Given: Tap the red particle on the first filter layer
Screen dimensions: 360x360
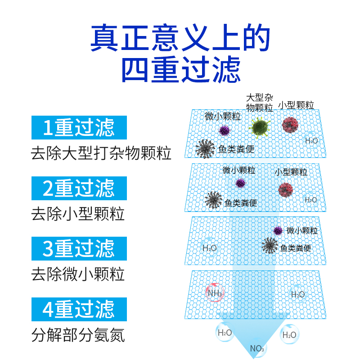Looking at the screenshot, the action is (290, 125).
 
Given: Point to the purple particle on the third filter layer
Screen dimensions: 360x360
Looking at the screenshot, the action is (278, 231).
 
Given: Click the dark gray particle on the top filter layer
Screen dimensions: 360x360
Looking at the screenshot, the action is (205, 148).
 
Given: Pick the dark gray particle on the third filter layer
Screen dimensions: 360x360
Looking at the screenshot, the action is (270, 246).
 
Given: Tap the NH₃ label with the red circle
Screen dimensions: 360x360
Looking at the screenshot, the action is (214, 293).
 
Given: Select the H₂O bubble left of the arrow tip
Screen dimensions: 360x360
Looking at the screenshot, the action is (225, 333).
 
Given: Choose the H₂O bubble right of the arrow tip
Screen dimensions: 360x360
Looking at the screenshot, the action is (289, 335).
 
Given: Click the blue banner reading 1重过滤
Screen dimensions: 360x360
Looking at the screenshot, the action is (79, 128).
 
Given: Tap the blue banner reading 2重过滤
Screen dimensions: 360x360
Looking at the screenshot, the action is (79, 188).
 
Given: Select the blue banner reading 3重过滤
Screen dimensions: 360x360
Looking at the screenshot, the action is (79, 248).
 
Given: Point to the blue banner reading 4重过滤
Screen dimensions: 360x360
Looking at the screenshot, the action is (79, 309).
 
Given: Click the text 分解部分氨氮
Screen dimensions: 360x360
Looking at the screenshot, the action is (78, 335).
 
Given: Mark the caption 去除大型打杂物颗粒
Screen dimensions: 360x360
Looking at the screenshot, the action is (101, 153).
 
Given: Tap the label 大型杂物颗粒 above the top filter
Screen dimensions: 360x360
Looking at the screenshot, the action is (260, 103).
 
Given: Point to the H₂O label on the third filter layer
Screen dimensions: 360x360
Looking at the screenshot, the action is (209, 248).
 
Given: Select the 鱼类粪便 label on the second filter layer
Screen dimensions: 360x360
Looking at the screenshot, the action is (241, 203).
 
